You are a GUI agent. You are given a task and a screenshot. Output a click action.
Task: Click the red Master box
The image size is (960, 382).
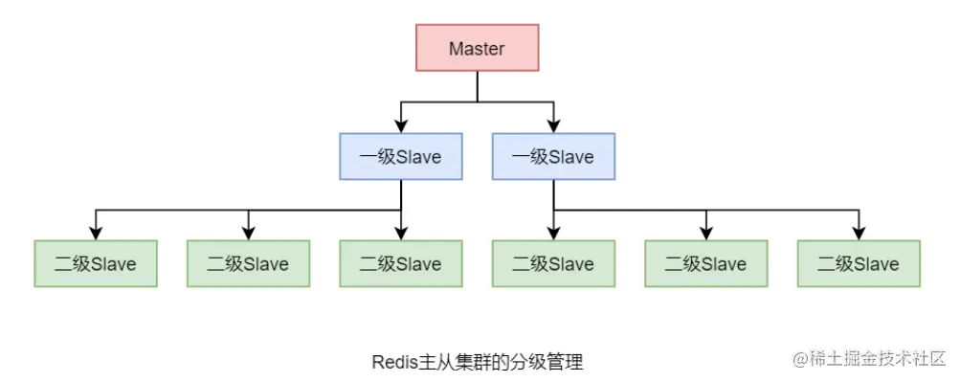477,48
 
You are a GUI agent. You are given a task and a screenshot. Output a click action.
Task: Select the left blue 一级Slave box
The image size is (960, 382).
401,156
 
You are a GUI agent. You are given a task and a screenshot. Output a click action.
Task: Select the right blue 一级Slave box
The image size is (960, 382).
554,156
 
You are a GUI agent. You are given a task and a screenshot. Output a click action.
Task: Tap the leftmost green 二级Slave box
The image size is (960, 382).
96,263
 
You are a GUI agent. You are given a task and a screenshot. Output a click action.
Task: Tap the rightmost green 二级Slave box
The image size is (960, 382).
859,263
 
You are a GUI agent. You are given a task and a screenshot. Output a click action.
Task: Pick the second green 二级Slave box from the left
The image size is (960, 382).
248,263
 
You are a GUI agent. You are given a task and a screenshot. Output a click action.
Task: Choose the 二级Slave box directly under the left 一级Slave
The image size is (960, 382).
401,263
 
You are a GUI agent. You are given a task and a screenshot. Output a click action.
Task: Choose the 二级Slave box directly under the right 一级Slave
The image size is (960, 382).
554,263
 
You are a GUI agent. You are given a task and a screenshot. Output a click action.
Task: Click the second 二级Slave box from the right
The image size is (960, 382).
706,263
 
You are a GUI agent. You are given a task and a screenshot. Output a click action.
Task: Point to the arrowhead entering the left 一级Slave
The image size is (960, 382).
401,126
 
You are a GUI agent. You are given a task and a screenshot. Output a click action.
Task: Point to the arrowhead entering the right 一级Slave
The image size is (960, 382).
554,126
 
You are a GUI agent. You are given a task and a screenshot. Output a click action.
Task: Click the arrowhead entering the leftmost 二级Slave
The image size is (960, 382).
96,233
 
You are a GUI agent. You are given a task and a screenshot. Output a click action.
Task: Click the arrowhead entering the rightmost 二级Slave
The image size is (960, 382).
859,233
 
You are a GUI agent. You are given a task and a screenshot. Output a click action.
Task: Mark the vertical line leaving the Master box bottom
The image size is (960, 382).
477,86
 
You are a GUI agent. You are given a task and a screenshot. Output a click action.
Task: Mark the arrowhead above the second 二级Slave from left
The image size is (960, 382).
248,233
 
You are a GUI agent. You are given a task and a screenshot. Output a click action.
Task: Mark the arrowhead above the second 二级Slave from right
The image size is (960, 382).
706,233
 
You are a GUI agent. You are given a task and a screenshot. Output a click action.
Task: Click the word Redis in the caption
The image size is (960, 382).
393,362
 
